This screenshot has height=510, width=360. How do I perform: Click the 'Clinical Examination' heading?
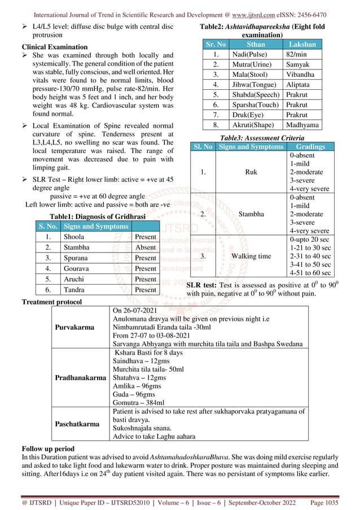pos(54,46)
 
